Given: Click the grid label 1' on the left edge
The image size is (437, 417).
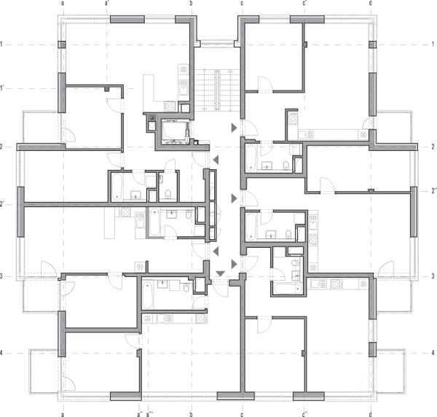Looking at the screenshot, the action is [x=1, y=88].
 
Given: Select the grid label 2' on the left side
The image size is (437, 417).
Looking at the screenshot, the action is [x=1, y=204].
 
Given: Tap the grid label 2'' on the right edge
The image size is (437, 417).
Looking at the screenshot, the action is [x=434, y=191].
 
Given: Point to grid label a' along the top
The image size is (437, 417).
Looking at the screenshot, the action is [x=107, y=3].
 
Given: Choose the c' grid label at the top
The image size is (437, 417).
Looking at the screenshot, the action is [x=304, y=3].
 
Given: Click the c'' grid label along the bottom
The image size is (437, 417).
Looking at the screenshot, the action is [x=304, y=414].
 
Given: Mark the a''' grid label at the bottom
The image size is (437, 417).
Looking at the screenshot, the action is [x=149, y=414].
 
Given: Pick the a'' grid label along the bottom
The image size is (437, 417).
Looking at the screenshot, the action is [x=140, y=414].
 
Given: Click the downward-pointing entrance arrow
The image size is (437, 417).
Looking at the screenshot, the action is [x=220, y=273].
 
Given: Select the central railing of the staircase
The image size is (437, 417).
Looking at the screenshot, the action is [x=217, y=90].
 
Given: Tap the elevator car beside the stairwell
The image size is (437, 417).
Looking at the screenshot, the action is [x=174, y=131].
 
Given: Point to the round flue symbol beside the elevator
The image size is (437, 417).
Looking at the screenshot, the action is [x=151, y=118].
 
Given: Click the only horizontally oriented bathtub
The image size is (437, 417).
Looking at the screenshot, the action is [x=288, y=289].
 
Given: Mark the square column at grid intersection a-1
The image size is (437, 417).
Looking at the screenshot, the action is [x=62, y=44].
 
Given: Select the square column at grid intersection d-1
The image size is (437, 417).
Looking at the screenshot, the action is [x=372, y=44].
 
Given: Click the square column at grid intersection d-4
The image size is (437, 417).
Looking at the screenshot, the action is [x=372, y=349].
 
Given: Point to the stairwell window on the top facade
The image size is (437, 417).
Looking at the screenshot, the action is [x=217, y=44].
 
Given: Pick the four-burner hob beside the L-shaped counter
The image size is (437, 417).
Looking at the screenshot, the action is [x=170, y=106].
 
